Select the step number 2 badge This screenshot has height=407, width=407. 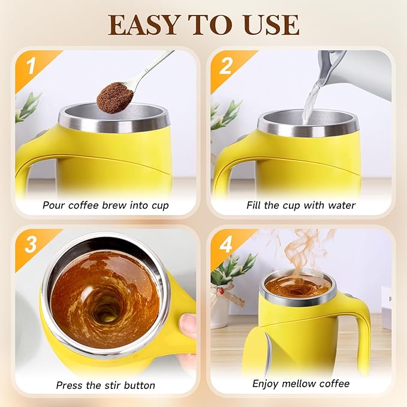(225, 65)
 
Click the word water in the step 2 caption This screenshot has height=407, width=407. (341, 206)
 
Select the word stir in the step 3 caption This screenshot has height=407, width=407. (111, 385)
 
